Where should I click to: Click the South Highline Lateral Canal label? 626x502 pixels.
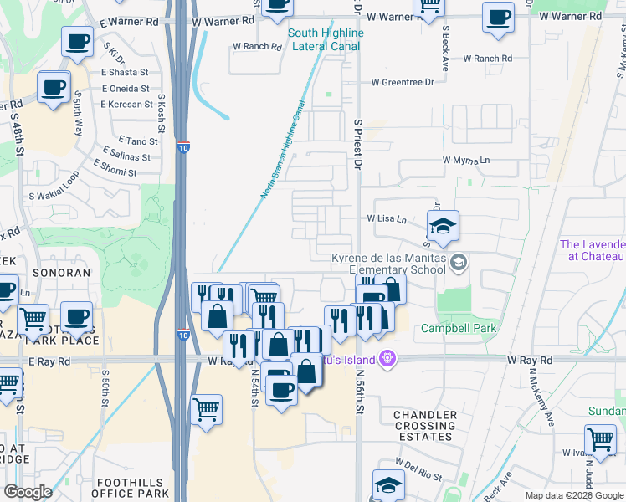coord(326,39)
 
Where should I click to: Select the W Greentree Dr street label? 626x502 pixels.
coord(406,82)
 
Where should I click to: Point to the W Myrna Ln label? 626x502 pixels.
coord(466,160)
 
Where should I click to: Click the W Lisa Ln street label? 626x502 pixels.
coord(386,219)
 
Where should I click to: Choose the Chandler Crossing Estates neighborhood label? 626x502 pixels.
coord(425,426)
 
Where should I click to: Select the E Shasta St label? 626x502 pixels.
coord(126,73)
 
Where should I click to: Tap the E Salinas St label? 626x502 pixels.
coord(131,155)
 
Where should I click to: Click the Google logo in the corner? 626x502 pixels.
coord(28,492)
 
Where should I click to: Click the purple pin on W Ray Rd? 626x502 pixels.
coord(386,359)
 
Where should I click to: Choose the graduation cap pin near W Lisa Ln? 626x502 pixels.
coord(443,226)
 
